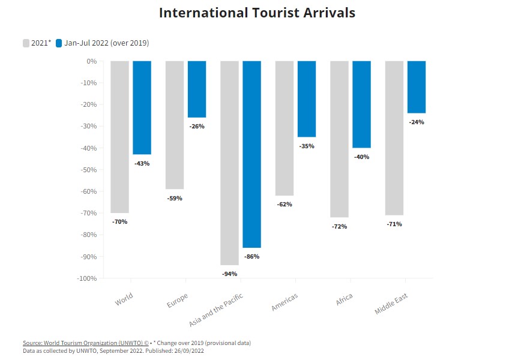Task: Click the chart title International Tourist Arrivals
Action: pyautogui.click(x=257, y=13)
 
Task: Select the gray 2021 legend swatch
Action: pyautogui.click(x=26, y=43)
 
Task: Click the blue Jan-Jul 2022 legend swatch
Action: pyautogui.click(x=59, y=43)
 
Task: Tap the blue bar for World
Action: pyautogui.click(x=142, y=108)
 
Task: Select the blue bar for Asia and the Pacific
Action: pyautogui.click(x=252, y=154)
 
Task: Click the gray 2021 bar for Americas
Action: pyautogui.click(x=285, y=128)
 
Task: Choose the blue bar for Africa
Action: pyautogui.click(x=362, y=104)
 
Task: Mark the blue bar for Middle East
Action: pyautogui.click(x=417, y=87)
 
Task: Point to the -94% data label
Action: pyautogui.click(x=229, y=274)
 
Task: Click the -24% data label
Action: pyautogui.click(x=417, y=122)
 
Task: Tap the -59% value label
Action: pyautogui.click(x=175, y=198)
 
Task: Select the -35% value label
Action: pyautogui.click(x=307, y=146)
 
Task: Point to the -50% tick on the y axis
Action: pyautogui.click(x=88, y=170)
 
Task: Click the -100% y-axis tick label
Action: pyautogui.click(x=86, y=278)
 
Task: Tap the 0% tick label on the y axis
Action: pyautogui.click(x=92, y=61)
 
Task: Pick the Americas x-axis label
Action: pyautogui.click(x=285, y=302)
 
